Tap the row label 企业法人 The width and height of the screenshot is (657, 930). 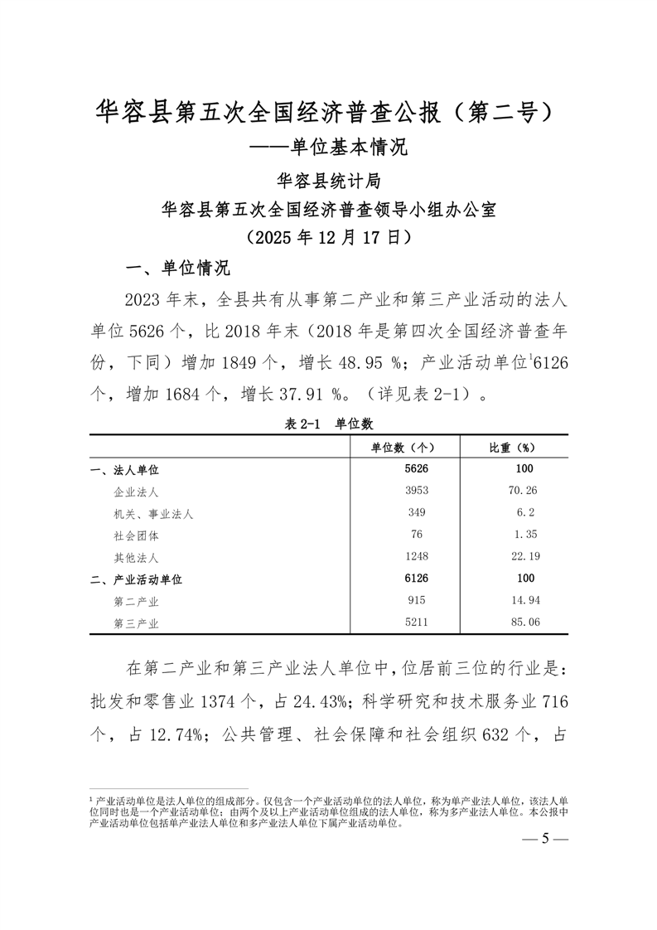(137, 492)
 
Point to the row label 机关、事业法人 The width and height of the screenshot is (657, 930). (153, 514)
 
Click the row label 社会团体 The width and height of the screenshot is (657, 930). (137, 535)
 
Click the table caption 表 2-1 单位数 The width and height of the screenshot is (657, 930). (329, 423)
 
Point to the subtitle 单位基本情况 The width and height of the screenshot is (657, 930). (348, 148)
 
